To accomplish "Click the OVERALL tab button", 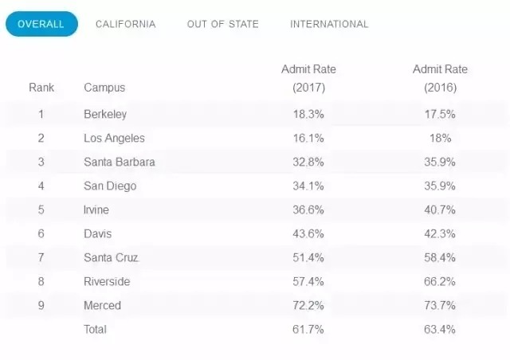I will tap(41, 24).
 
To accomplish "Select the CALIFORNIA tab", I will tap(125, 24).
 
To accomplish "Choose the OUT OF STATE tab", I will tap(223, 24).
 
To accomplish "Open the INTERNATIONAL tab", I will tap(329, 24).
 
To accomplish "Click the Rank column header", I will tap(41, 88).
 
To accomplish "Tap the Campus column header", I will tap(104, 88).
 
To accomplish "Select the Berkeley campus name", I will tap(105, 114).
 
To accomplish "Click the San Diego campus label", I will tap(110, 186).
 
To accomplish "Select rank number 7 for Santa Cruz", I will tap(41, 257).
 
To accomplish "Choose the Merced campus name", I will tap(102, 305).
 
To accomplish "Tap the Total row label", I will tap(95, 329).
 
